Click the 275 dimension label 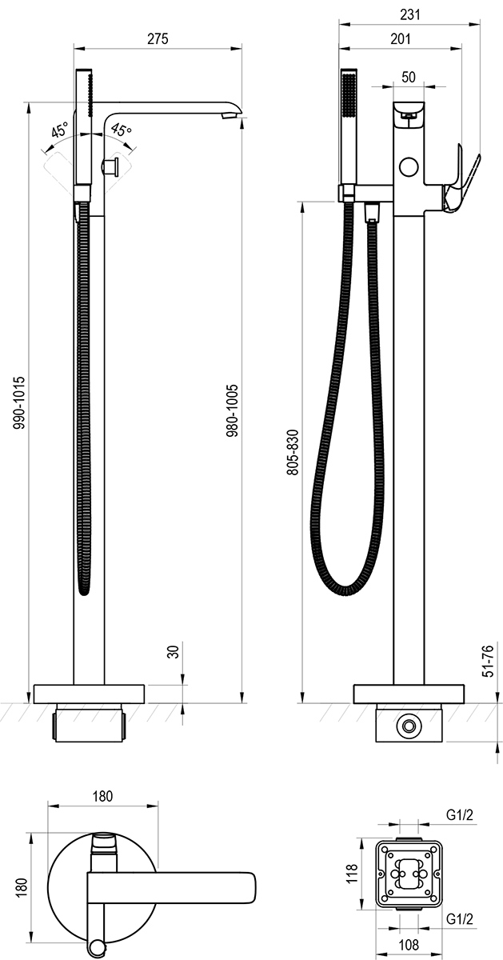[158, 38]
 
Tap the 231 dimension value [410, 14]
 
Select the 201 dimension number [400, 38]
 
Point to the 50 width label [409, 77]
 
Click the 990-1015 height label [19, 403]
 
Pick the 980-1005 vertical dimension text [232, 410]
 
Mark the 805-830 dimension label [293, 452]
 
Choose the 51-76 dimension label [488, 661]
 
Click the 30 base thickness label [173, 652]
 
